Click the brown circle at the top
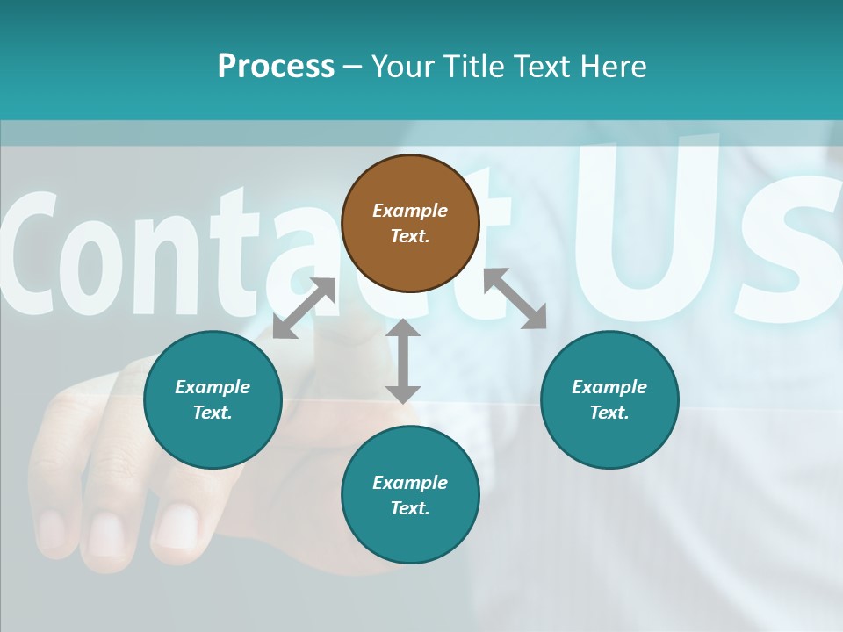pos(410,223)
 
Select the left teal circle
pos(213,399)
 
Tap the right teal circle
pos(609,399)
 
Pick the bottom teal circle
pos(410,495)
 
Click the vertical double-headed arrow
pos(403,361)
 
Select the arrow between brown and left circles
pos(304,308)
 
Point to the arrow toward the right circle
pos(515,298)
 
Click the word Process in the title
pos(276,66)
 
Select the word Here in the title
pos(612,66)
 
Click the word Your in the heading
pos(400,66)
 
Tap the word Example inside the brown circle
pos(410,211)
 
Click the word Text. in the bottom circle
pos(410,508)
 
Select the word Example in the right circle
pos(609,387)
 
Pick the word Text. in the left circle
pos(213,413)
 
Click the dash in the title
pos(352,67)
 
